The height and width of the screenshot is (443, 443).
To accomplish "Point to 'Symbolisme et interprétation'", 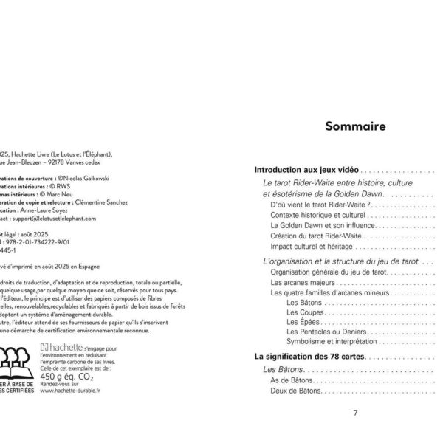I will tap(331, 343).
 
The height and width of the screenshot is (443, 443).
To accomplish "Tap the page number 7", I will tap(356, 412).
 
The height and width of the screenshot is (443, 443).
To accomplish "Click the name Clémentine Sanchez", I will tap(101, 202).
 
